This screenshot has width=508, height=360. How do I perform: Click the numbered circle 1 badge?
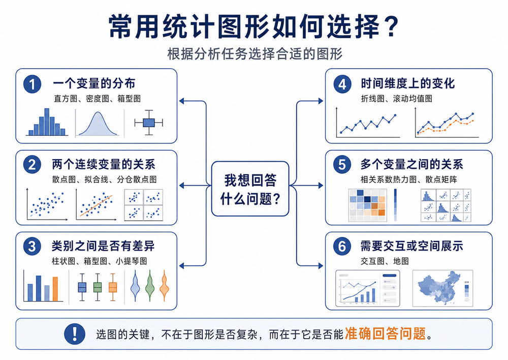32,84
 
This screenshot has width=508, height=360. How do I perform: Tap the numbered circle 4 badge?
342,84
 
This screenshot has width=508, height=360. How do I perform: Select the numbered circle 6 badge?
342,246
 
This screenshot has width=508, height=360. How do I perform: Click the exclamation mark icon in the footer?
75,334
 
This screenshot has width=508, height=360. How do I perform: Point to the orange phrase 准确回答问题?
385,334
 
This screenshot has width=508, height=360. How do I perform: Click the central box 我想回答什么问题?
250,189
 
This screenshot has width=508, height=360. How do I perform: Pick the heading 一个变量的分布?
94,83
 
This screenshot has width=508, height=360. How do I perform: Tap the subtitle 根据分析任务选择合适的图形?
255,54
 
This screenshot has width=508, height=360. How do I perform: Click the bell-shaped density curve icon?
98,124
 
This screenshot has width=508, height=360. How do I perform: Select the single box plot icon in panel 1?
149,123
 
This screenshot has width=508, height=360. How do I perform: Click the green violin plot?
150,286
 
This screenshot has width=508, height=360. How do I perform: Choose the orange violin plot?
165,286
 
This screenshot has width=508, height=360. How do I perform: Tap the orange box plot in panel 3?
113,287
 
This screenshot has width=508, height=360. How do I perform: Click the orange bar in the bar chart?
55,289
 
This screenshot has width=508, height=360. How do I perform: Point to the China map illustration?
439,287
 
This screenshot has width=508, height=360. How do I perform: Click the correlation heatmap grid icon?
367,205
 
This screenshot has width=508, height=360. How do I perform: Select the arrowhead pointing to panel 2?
181,186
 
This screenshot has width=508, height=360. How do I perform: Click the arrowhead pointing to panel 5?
321,186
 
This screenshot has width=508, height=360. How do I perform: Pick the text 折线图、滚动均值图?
397,99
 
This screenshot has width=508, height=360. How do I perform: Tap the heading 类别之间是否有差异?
103,246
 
